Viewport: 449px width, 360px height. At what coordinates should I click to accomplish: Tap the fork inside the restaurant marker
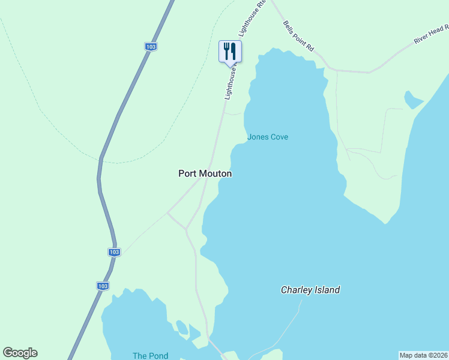tap(226, 50)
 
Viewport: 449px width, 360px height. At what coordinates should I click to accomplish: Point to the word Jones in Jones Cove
tap(258, 137)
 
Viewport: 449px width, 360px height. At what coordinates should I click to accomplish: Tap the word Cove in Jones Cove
tap(279, 137)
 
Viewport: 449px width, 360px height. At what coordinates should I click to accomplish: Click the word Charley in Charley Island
tap(297, 290)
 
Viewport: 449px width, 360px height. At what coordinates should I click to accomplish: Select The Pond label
tap(150, 356)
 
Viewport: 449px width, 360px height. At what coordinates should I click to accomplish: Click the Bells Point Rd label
tap(298, 37)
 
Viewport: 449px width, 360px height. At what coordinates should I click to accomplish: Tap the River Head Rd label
tap(431, 34)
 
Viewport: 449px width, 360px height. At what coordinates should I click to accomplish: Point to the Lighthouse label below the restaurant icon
tap(232, 82)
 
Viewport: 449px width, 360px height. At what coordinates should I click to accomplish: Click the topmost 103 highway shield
tap(151, 46)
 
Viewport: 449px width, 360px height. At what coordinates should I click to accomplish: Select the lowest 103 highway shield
tap(103, 286)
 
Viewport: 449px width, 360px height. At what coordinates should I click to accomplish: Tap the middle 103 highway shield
tap(115, 252)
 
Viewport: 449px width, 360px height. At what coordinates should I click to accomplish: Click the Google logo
tap(20, 353)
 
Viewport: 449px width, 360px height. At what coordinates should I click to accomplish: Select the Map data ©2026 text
tap(424, 355)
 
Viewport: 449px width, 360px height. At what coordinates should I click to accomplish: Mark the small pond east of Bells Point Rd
tap(413, 99)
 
